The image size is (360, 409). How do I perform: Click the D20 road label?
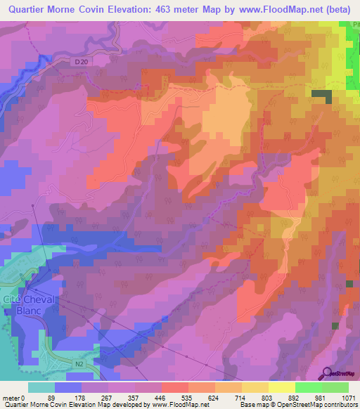pyautogui.click(x=81, y=62)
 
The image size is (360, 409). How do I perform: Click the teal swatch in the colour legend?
pyautogui.click(x=41, y=388)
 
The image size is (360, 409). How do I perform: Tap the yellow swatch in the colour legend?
pyautogui.click(x=281, y=388)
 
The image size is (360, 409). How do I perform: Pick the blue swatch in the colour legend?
pyautogui.click(x=68, y=388)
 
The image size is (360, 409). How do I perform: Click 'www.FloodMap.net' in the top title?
pyautogui.click(x=277, y=9)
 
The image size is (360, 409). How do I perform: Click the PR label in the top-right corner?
pyautogui.click(x=353, y=25)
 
